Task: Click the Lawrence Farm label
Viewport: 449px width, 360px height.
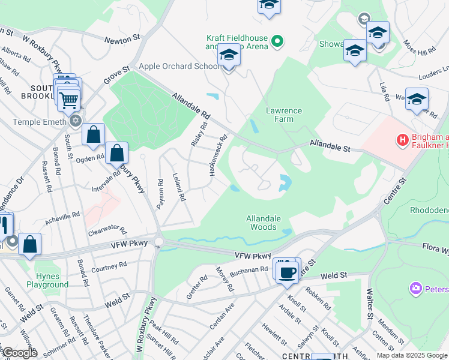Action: pyautogui.click(x=284, y=115)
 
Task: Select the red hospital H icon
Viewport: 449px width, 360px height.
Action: pyautogui.click(x=403, y=140)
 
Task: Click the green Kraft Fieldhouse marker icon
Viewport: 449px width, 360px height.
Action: pyautogui.click(x=277, y=41)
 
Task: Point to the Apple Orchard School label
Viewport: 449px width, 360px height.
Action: pyautogui.click(x=179, y=66)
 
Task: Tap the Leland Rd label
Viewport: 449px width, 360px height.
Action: pyautogui.click(x=179, y=188)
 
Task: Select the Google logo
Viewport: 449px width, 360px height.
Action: pyautogui.click(x=19, y=352)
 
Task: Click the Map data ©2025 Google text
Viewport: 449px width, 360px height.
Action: pyautogui.click(x=412, y=355)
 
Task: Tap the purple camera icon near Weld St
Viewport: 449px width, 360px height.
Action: pyautogui.click(x=415, y=289)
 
